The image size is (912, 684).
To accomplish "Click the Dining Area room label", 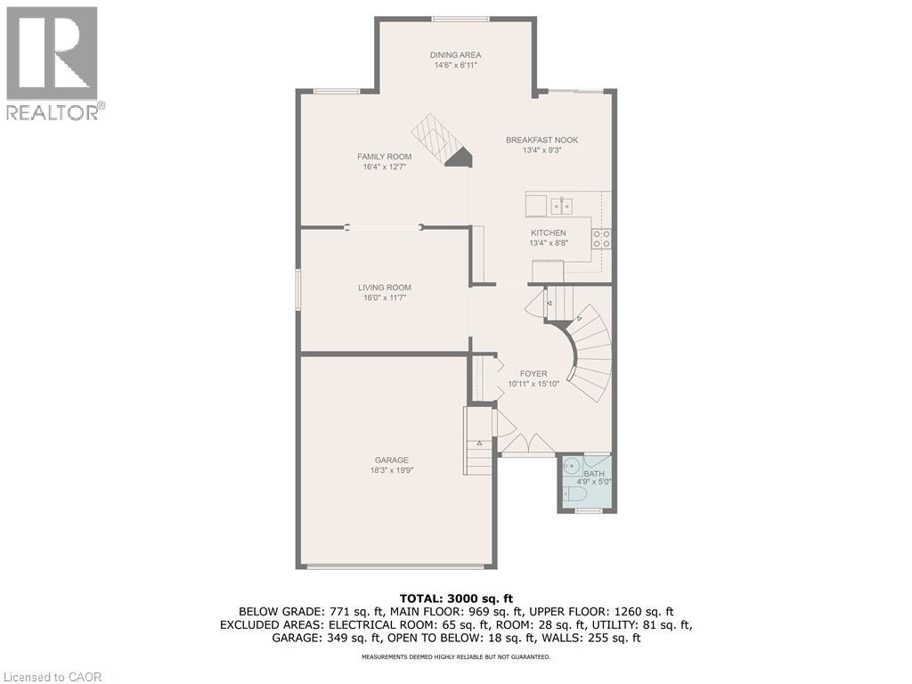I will (457, 55).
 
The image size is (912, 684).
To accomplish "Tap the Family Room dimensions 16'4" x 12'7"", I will (385, 167).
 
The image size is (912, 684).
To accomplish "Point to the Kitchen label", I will (548, 232).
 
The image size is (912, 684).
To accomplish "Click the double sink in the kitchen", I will (560, 206).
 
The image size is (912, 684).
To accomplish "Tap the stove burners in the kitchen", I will (602, 238).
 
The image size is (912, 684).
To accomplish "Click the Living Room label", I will (385, 288).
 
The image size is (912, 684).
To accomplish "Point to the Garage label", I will (391, 460).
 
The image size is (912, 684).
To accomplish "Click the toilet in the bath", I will (575, 493).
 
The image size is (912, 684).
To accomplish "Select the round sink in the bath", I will (571, 466).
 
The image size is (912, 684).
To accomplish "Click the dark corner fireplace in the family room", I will (459, 158).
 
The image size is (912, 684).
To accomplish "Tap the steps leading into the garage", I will (478, 441).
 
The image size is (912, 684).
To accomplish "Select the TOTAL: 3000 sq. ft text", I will (455, 598).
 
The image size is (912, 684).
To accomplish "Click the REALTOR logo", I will (53, 62).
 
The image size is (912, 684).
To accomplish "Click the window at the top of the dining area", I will (460, 19).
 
